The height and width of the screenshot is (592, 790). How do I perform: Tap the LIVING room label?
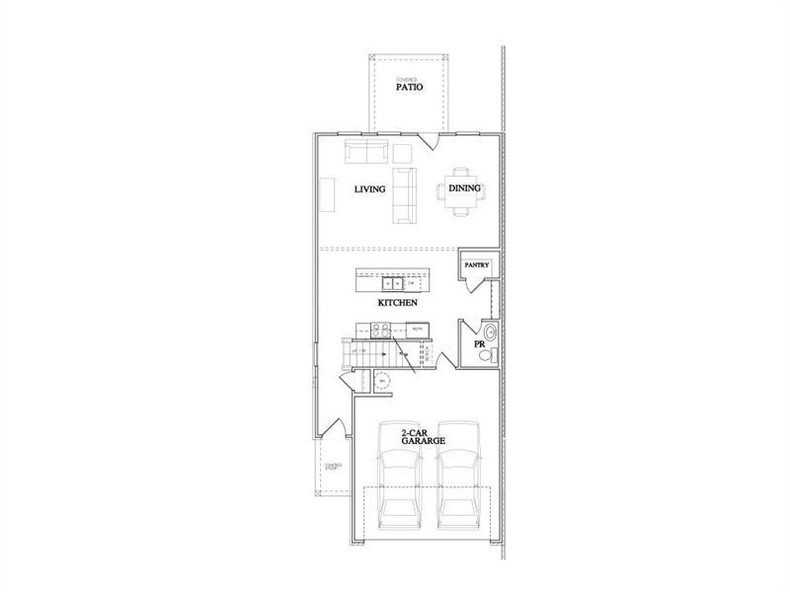click(x=369, y=188)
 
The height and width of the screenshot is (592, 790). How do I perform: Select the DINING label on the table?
click(x=464, y=188)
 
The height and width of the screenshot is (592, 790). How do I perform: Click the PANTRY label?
click(x=478, y=264)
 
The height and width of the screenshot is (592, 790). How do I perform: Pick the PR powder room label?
click(x=480, y=344)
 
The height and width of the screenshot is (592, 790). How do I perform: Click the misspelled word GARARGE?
click(x=429, y=441)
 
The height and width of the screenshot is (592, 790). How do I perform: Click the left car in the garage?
click(x=400, y=488)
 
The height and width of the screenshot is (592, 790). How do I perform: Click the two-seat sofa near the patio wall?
click(x=365, y=153)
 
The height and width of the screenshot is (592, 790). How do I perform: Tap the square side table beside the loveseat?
click(x=402, y=153)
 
